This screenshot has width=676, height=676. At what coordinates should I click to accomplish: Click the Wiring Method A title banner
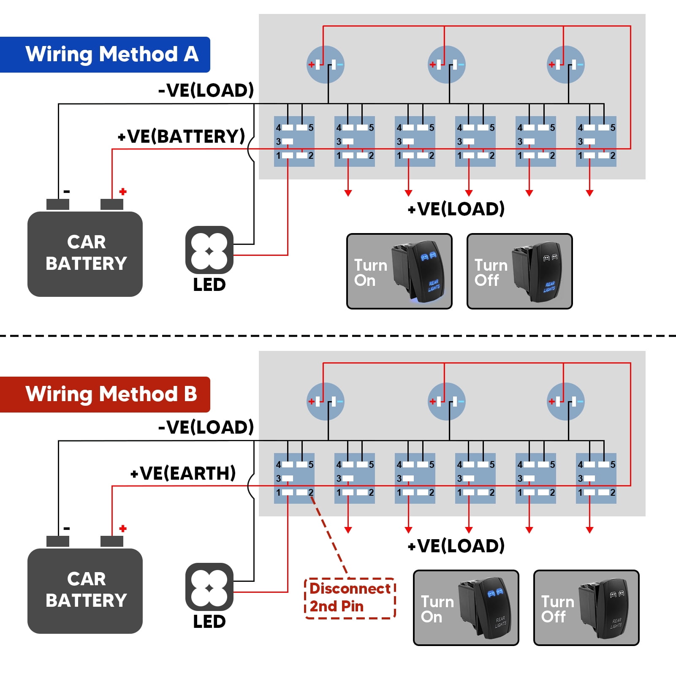click(x=106, y=54)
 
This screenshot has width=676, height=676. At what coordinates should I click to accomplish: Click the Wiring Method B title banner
click(x=106, y=394)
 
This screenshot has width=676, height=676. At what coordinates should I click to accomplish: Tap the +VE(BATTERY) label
click(x=182, y=136)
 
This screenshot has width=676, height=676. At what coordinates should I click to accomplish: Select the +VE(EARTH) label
click(x=183, y=473)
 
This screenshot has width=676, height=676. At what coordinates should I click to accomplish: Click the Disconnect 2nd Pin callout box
click(x=350, y=598)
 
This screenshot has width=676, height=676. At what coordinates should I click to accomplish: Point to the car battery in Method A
click(x=85, y=253)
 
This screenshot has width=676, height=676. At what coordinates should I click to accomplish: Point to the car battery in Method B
click(x=85, y=590)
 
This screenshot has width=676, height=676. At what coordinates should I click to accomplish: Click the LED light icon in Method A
click(x=209, y=250)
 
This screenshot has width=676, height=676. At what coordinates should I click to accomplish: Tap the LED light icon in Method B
click(x=209, y=587)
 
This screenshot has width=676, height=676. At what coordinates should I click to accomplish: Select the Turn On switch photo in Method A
click(x=399, y=271)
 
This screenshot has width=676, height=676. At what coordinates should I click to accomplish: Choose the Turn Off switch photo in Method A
click(x=519, y=271)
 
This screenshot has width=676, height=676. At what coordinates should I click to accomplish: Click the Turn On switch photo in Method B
click(x=466, y=608)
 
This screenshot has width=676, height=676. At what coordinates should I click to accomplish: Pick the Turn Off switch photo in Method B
click(x=586, y=608)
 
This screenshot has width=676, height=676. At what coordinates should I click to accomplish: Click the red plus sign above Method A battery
click(x=123, y=192)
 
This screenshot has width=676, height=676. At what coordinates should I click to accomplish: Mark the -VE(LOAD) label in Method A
click(x=206, y=90)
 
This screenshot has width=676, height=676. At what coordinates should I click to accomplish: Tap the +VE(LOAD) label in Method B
click(x=456, y=546)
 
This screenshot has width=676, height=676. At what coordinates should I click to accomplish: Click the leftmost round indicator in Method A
click(x=325, y=65)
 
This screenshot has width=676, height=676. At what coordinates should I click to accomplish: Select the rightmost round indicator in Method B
click(x=565, y=402)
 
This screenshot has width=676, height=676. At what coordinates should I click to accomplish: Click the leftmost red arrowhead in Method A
click(x=348, y=193)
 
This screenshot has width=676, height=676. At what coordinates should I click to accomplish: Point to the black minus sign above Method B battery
click(x=67, y=529)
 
